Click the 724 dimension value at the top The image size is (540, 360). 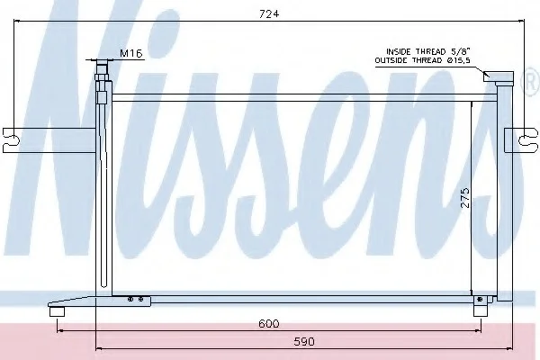pos(269,13)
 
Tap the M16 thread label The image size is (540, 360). pos(130,53)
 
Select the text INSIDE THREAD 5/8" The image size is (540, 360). pos(428,51)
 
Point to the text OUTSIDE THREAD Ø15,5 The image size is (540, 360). pos(423,60)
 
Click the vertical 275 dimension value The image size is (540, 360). pos(465,197)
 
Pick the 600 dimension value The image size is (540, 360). pos(268,324)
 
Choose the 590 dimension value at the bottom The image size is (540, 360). pos(304,341)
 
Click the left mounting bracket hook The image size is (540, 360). pos(11,140)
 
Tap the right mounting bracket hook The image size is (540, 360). pos(527,140)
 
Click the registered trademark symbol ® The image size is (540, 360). pos(533,81)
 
